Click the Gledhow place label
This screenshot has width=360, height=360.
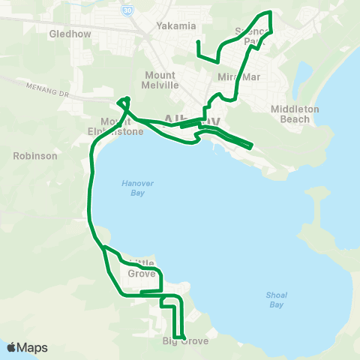(x=69, y=34)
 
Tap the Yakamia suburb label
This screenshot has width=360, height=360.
(x=175, y=25)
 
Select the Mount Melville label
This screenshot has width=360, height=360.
(x=161, y=80)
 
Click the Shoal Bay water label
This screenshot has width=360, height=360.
(x=276, y=300)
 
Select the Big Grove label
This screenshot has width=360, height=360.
(x=185, y=341)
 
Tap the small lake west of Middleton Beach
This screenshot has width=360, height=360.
(x=304, y=75)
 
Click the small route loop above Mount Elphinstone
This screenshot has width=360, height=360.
(x=124, y=102)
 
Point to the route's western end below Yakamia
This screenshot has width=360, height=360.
(x=197, y=41)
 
